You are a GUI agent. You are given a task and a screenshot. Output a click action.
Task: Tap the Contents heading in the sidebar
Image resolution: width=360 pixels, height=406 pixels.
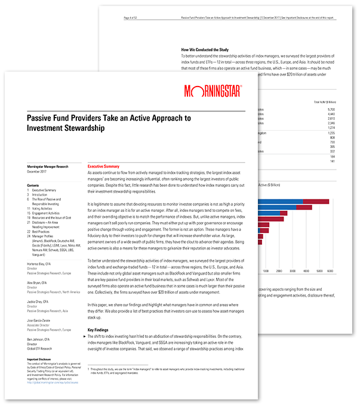(x=33, y=186)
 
